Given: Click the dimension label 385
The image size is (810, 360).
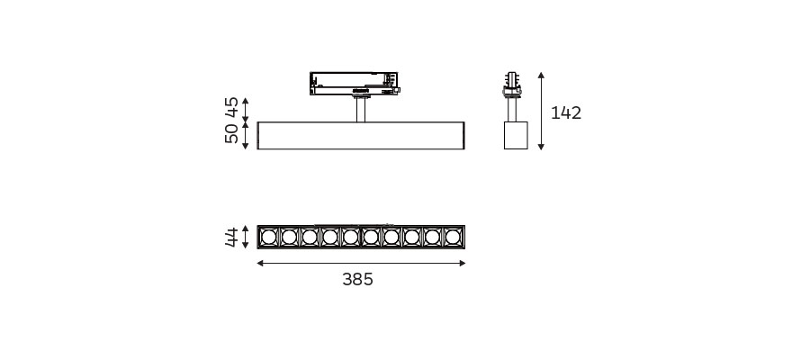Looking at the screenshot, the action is tap(357, 279).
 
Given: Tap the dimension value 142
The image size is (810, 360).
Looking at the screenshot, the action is tap(566, 112).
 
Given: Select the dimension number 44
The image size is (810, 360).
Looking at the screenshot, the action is tap(231, 237).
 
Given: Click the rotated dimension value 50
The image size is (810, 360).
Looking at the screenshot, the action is tap(231, 133).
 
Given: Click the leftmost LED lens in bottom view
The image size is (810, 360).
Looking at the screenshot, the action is tap(268, 237).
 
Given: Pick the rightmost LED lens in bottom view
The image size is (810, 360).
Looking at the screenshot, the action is tap(453, 237).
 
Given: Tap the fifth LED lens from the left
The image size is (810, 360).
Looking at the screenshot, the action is tap(350, 237).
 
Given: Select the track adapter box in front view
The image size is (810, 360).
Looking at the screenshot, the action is tap(355, 84).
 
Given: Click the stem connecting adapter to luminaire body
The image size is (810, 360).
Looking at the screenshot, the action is tap(361, 110).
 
